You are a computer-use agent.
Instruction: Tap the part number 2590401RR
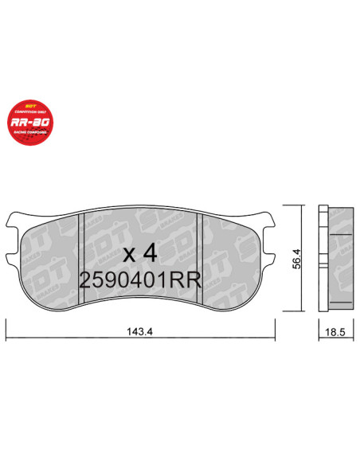[140, 280]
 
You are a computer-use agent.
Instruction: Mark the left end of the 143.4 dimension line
[7, 325]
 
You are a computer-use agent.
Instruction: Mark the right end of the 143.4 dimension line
[276, 325]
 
